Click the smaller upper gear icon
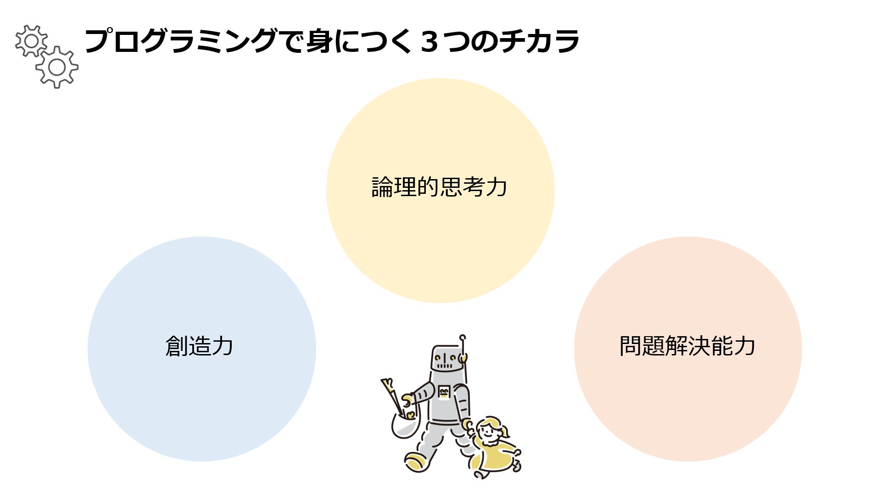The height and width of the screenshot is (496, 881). click(31, 41)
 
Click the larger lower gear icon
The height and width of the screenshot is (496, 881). click(57, 67)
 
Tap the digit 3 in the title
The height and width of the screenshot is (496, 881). click(429, 41)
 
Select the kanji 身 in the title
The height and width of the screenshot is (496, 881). click(319, 41)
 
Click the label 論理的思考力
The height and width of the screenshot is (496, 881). click(439, 187)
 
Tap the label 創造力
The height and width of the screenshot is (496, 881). click(199, 346)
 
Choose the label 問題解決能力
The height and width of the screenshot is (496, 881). click(687, 346)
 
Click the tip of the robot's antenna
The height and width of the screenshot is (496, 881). click(463, 338)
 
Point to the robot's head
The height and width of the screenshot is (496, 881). click(446, 358)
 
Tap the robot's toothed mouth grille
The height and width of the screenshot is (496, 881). click(444, 366)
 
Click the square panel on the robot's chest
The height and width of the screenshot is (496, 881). click(444, 392)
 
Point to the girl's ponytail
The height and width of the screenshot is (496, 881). click(505, 431)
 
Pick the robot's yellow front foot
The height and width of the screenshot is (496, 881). click(416, 462)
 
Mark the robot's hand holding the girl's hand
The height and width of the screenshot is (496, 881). click(468, 425)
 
